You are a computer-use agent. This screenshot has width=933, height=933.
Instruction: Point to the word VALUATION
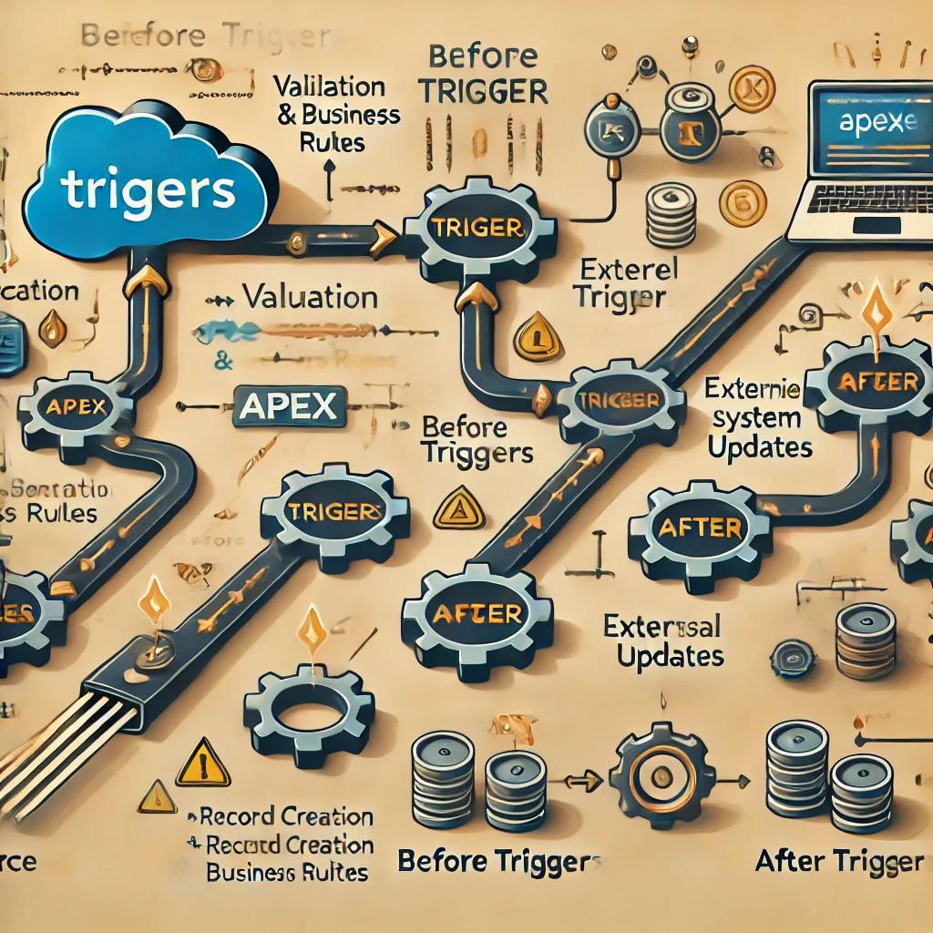coord(310,297)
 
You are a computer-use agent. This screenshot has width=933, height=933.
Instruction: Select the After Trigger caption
coord(839,861)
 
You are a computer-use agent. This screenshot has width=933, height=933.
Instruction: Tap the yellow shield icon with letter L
coord(538,337)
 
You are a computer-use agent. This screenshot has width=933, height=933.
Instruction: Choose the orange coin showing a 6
coord(743,204)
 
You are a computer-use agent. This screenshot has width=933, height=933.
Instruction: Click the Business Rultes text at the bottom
coord(286,871)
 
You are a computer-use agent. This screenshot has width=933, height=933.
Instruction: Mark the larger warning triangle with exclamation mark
coord(202,762)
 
